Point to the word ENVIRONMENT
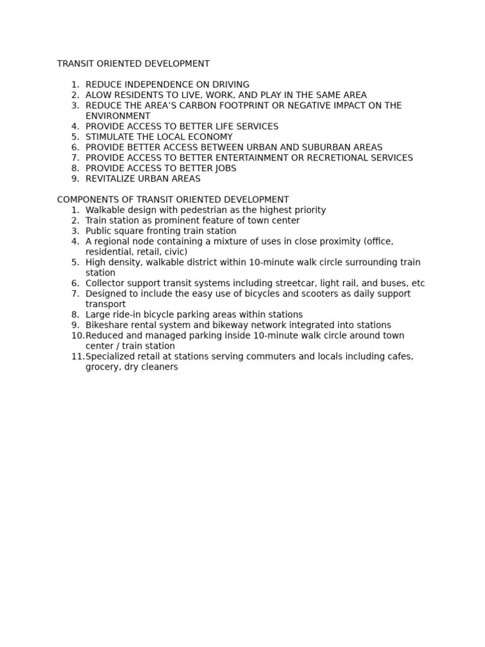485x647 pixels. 118,116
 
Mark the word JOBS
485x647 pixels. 226,168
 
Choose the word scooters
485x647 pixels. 314,294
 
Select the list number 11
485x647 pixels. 77,356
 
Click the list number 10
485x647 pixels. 77,336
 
